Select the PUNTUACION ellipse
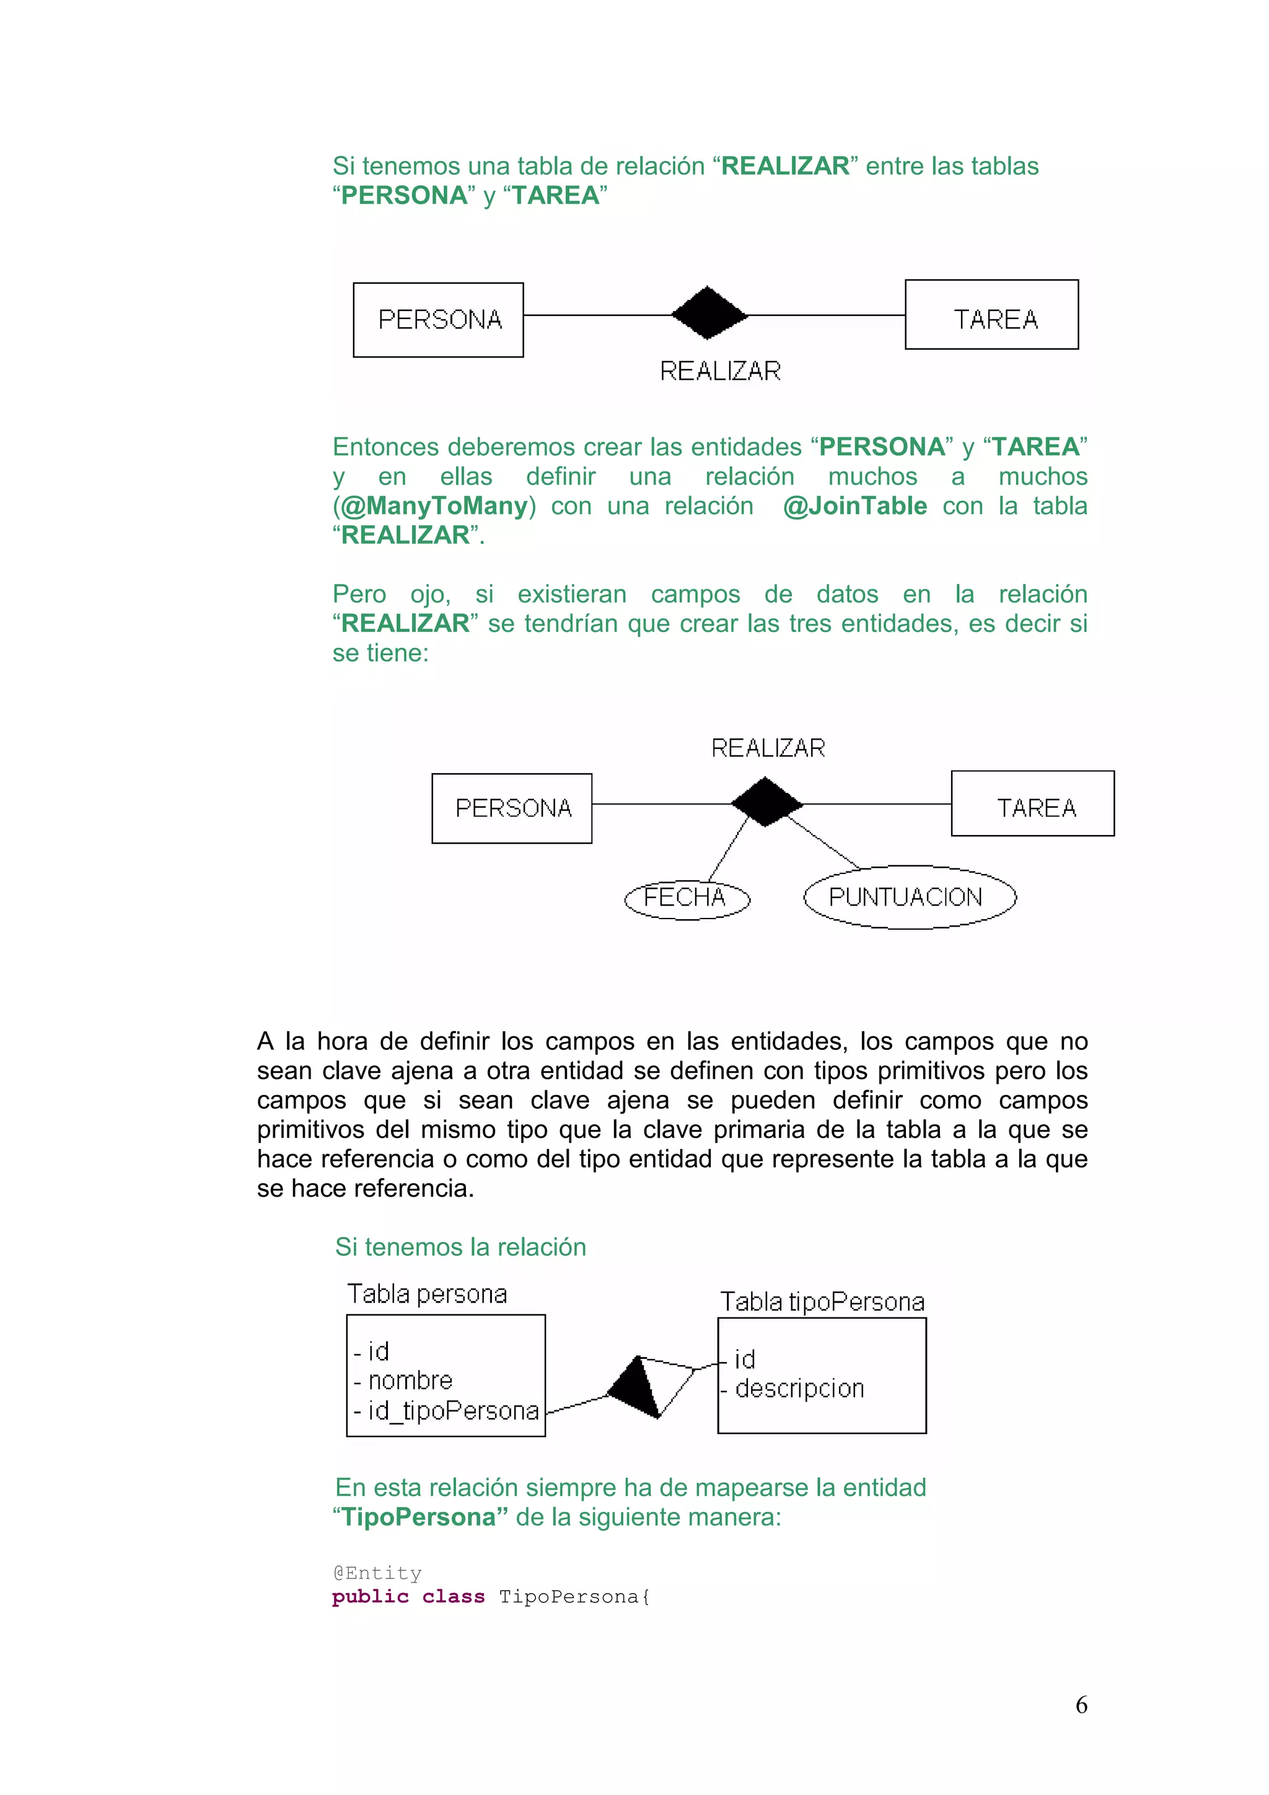click(910, 897)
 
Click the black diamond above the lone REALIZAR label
click(708, 313)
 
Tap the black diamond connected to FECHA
click(765, 802)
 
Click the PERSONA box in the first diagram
click(438, 320)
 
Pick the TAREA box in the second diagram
click(1032, 804)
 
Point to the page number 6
click(1081, 1705)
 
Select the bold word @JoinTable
click(854, 506)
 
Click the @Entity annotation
click(377, 1572)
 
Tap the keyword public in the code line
click(370, 1596)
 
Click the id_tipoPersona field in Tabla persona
click(453, 1410)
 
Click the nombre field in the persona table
click(410, 1381)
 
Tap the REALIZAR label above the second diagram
click(768, 748)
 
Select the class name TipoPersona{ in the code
click(574, 1596)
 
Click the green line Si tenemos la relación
click(460, 1247)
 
